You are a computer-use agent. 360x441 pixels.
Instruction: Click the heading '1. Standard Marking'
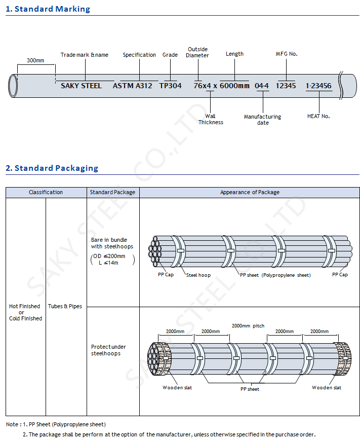pyautogui.click(x=48, y=9)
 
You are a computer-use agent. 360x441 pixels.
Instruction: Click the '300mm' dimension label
pyautogui.click(x=35, y=60)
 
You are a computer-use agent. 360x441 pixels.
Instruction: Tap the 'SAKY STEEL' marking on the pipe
pyautogui.click(x=81, y=86)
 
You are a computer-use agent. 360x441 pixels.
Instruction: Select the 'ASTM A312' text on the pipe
pyautogui.click(x=132, y=86)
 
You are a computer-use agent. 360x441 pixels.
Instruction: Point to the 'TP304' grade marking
pyautogui.click(x=170, y=86)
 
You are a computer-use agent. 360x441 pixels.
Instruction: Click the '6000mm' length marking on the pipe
pyautogui.click(x=234, y=86)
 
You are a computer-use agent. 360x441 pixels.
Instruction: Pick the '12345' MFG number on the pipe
pyautogui.click(x=286, y=86)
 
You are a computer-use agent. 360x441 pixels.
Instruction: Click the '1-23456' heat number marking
pyautogui.click(x=318, y=86)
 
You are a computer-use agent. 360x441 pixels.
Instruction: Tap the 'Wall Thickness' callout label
pyautogui.click(x=211, y=119)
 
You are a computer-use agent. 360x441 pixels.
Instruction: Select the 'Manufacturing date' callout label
pyautogui.click(x=262, y=120)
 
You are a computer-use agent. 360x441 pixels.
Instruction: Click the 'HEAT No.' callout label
pyautogui.click(x=318, y=116)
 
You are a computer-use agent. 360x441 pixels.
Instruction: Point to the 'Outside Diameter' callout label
pyautogui.click(x=197, y=52)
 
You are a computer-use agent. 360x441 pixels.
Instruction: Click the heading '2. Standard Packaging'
pyautogui.click(x=52, y=168)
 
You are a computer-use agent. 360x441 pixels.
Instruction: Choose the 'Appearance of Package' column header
pyautogui.click(x=250, y=193)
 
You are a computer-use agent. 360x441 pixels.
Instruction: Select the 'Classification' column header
pyautogui.click(x=46, y=193)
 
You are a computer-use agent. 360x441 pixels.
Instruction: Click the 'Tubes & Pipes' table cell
pyautogui.click(x=65, y=306)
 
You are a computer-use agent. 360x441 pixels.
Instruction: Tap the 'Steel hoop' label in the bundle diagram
pyautogui.click(x=198, y=275)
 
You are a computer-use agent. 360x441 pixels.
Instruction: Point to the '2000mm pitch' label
pyautogui.click(x=248, y=326)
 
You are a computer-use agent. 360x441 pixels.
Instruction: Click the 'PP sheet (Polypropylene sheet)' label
pyautogui.click(x=275, y=275)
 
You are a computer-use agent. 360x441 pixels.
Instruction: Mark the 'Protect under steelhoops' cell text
pyautogui.click(x=108, y=350)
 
